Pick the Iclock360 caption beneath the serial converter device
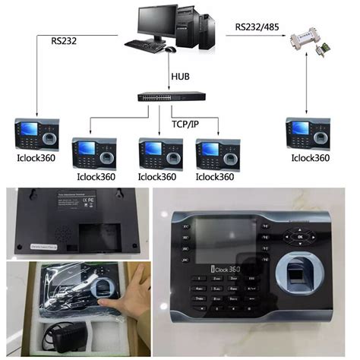tap(310, 158)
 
